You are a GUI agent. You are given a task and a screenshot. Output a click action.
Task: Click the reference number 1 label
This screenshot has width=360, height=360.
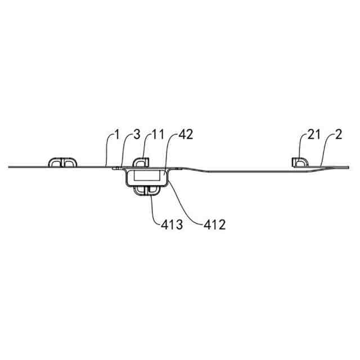[x=116, y=135]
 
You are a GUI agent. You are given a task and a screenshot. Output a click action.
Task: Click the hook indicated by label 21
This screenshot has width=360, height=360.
[x=300, y=162]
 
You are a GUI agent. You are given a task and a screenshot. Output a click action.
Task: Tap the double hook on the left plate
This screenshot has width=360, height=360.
[x=62, y=162]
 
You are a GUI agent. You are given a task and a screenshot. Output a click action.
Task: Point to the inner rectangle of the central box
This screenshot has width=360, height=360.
[x=147, y=177]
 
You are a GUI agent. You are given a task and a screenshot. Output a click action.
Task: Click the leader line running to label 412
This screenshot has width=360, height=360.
[x=188, y=199]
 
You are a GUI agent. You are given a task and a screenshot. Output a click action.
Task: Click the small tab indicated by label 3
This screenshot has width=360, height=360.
[x=116, y=166]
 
